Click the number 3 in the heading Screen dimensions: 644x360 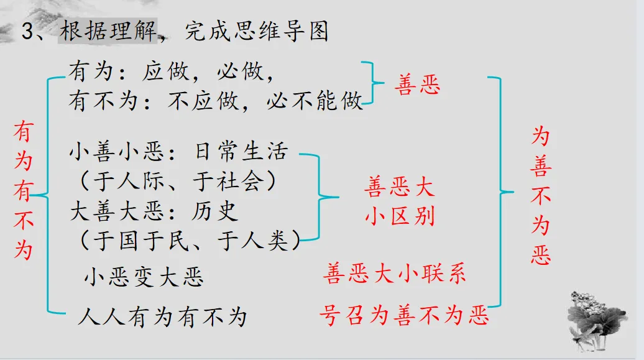[x=28, y=32]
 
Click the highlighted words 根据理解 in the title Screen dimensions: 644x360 [x=108, y=31]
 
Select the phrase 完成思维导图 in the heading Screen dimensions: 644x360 [x=257, y=31]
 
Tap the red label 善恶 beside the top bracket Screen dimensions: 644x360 [x=417, y=85]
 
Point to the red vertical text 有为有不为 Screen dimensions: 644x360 [x=24, y=190]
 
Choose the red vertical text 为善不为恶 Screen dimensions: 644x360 [x=541, y=196]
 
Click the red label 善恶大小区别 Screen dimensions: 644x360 [x=400, y=201]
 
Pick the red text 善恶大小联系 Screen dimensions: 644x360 [x=394, y=274]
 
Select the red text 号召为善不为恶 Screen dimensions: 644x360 [x=405, y=316]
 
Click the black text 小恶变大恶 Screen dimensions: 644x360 [x=144, y=277]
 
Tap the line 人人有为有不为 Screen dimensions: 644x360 [x=163, y=317]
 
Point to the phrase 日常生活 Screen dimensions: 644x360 [x=241, y=151]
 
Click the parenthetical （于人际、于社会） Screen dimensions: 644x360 [x=178, y=181]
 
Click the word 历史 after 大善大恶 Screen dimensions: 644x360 [x=214, y=211]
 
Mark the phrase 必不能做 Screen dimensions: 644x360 [x=315, y=101]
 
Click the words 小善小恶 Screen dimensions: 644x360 [x=117, y=151]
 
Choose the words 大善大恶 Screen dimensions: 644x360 [x=117, y=211]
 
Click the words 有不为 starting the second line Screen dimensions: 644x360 [x=103, y=101]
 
